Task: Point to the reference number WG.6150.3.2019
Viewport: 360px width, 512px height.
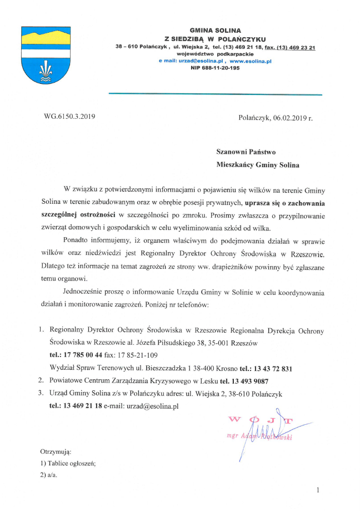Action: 69,117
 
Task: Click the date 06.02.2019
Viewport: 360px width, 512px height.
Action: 282,117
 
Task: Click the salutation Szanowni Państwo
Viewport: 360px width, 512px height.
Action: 246,151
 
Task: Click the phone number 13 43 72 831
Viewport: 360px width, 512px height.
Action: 273,368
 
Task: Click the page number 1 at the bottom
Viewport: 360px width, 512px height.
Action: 317,490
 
